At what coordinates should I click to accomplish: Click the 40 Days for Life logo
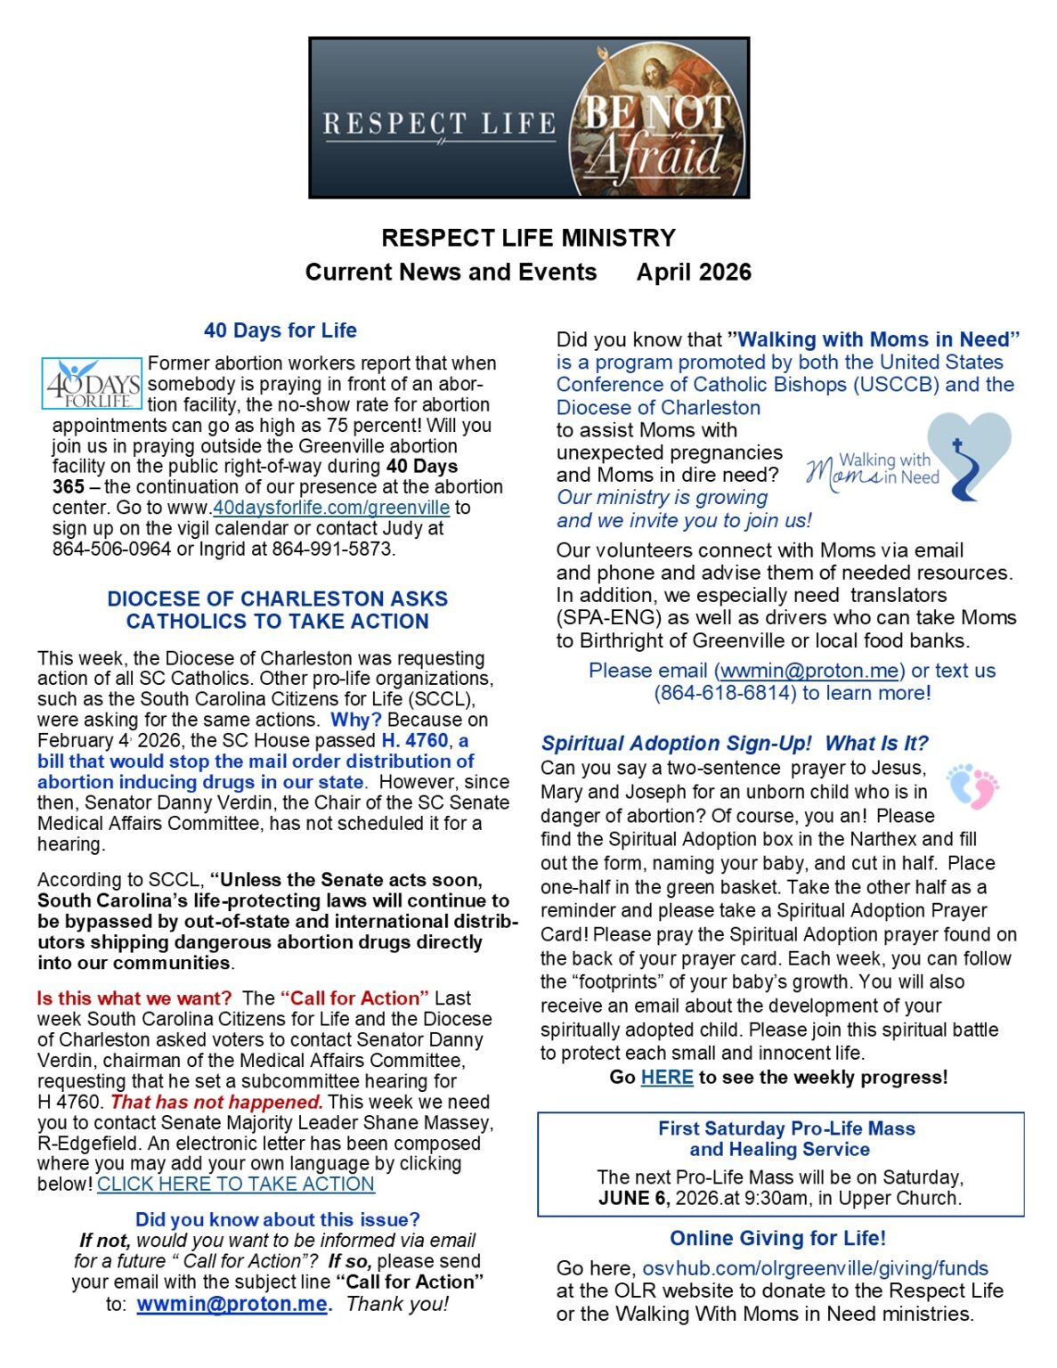[x=92, y=384]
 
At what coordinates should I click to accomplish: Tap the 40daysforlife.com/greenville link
[x=330, y=508]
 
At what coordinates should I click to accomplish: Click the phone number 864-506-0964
[x=111, y=549]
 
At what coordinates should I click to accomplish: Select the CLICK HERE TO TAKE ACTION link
[x=236, y=1184]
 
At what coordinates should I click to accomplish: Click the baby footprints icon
[x=972, y=786]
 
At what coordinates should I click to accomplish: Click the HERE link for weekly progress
[x=667, y=1077]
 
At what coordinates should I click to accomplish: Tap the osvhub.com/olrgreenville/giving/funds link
[x=815, y=1268]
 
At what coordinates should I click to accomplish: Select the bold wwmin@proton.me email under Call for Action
[x=232, y=1304]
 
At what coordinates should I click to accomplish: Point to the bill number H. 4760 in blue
[x=415, y=740]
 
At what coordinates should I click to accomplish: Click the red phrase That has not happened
[x=216, y=1102]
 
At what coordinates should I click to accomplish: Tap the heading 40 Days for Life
[x=280, y=330]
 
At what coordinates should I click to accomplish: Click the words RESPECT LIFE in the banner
[x=439, y=124]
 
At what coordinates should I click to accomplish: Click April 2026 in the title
[x=694, y=273]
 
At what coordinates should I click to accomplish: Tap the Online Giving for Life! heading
[x=777, y=1238]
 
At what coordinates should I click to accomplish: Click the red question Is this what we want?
[x=134, y=998]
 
